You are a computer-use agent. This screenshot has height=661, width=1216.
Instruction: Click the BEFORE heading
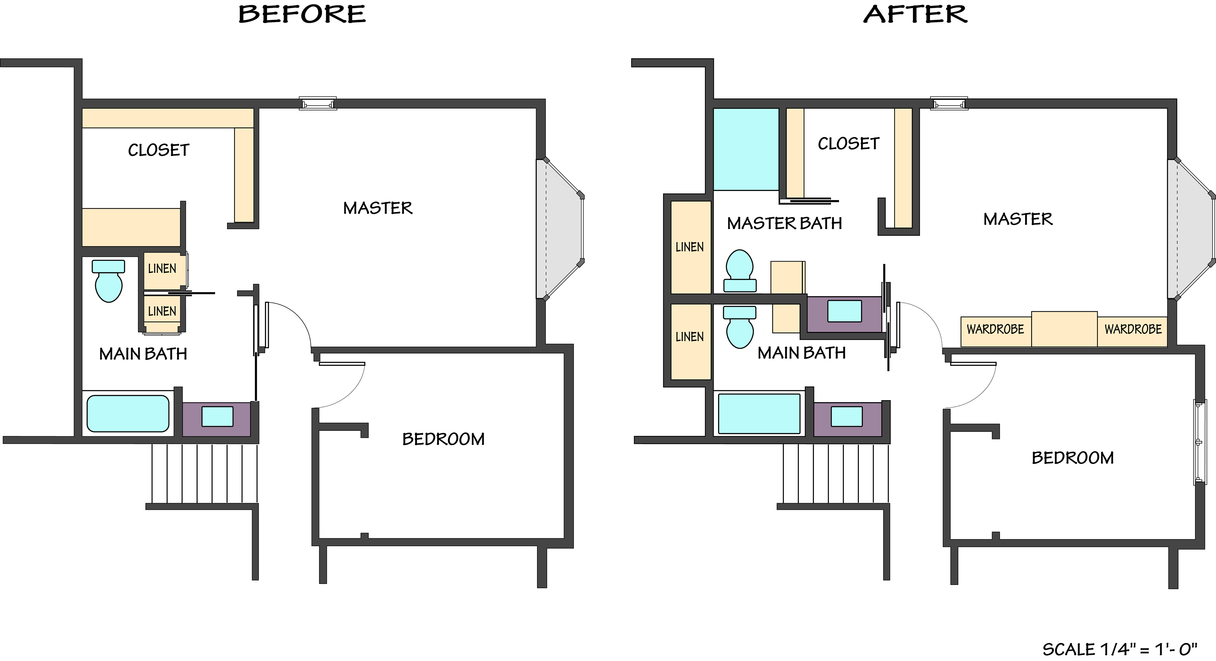(302, 14)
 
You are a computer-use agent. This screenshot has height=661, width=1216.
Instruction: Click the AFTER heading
(915, 14)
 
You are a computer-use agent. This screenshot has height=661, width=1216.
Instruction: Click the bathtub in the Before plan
(128, 413)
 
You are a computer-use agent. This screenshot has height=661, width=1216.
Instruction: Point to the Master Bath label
(785, 223)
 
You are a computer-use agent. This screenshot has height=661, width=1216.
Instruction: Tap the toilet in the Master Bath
(740, 271)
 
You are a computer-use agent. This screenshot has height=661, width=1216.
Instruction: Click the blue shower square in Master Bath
(746, 149)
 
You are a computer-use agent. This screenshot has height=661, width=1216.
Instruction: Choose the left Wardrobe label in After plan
(995, 329)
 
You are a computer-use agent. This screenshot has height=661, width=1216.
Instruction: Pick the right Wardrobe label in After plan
(1133, 329)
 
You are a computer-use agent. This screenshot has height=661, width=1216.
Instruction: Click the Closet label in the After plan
(849, 144)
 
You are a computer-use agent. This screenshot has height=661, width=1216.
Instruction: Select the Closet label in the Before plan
(159, 150)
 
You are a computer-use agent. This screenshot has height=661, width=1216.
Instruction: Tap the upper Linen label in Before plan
(162, 269)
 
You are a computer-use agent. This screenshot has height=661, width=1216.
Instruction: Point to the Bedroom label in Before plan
(443, 439)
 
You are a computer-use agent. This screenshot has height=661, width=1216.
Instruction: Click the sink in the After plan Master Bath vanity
(845, 311)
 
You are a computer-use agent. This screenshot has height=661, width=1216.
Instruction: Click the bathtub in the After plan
(759, 413)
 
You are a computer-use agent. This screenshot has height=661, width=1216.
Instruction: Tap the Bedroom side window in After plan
(1200, 442)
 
